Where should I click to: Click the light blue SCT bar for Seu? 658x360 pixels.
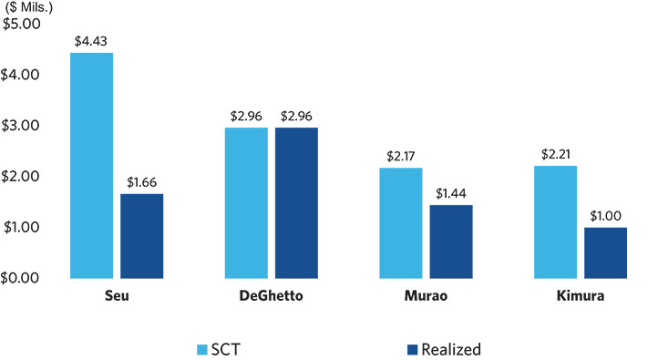tap(91, 166)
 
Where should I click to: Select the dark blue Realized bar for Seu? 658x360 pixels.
tap(142, 236)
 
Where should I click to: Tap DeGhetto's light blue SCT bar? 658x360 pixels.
tap(246, 203)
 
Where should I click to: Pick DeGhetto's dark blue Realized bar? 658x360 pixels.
tap(297, 203)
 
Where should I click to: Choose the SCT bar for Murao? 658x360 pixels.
tap(401, 223)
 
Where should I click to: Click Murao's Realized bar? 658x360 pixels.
tap(451, 242)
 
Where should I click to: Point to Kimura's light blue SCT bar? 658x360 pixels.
tap(556, 222)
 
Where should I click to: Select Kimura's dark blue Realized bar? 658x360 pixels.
tap(605, 253)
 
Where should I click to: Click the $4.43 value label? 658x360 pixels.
tap(91, 41)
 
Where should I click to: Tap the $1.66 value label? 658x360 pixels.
tap(142, 182)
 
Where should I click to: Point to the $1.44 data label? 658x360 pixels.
tap(451, 193)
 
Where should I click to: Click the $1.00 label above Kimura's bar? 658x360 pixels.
tap(605, 216)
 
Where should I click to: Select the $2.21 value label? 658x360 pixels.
tap(556, 154)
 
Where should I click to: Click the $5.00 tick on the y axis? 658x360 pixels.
tap(21, 24)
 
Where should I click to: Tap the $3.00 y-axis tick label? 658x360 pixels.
tap(20, 126)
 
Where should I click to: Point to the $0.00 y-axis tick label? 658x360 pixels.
tap(20, 278)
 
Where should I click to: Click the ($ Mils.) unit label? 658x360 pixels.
tap(29, 7)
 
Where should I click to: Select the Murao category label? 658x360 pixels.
tap(426, 296)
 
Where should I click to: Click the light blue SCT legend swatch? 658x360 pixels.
tap(202, 349)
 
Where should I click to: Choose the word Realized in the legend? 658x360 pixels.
tap(451, 349)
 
